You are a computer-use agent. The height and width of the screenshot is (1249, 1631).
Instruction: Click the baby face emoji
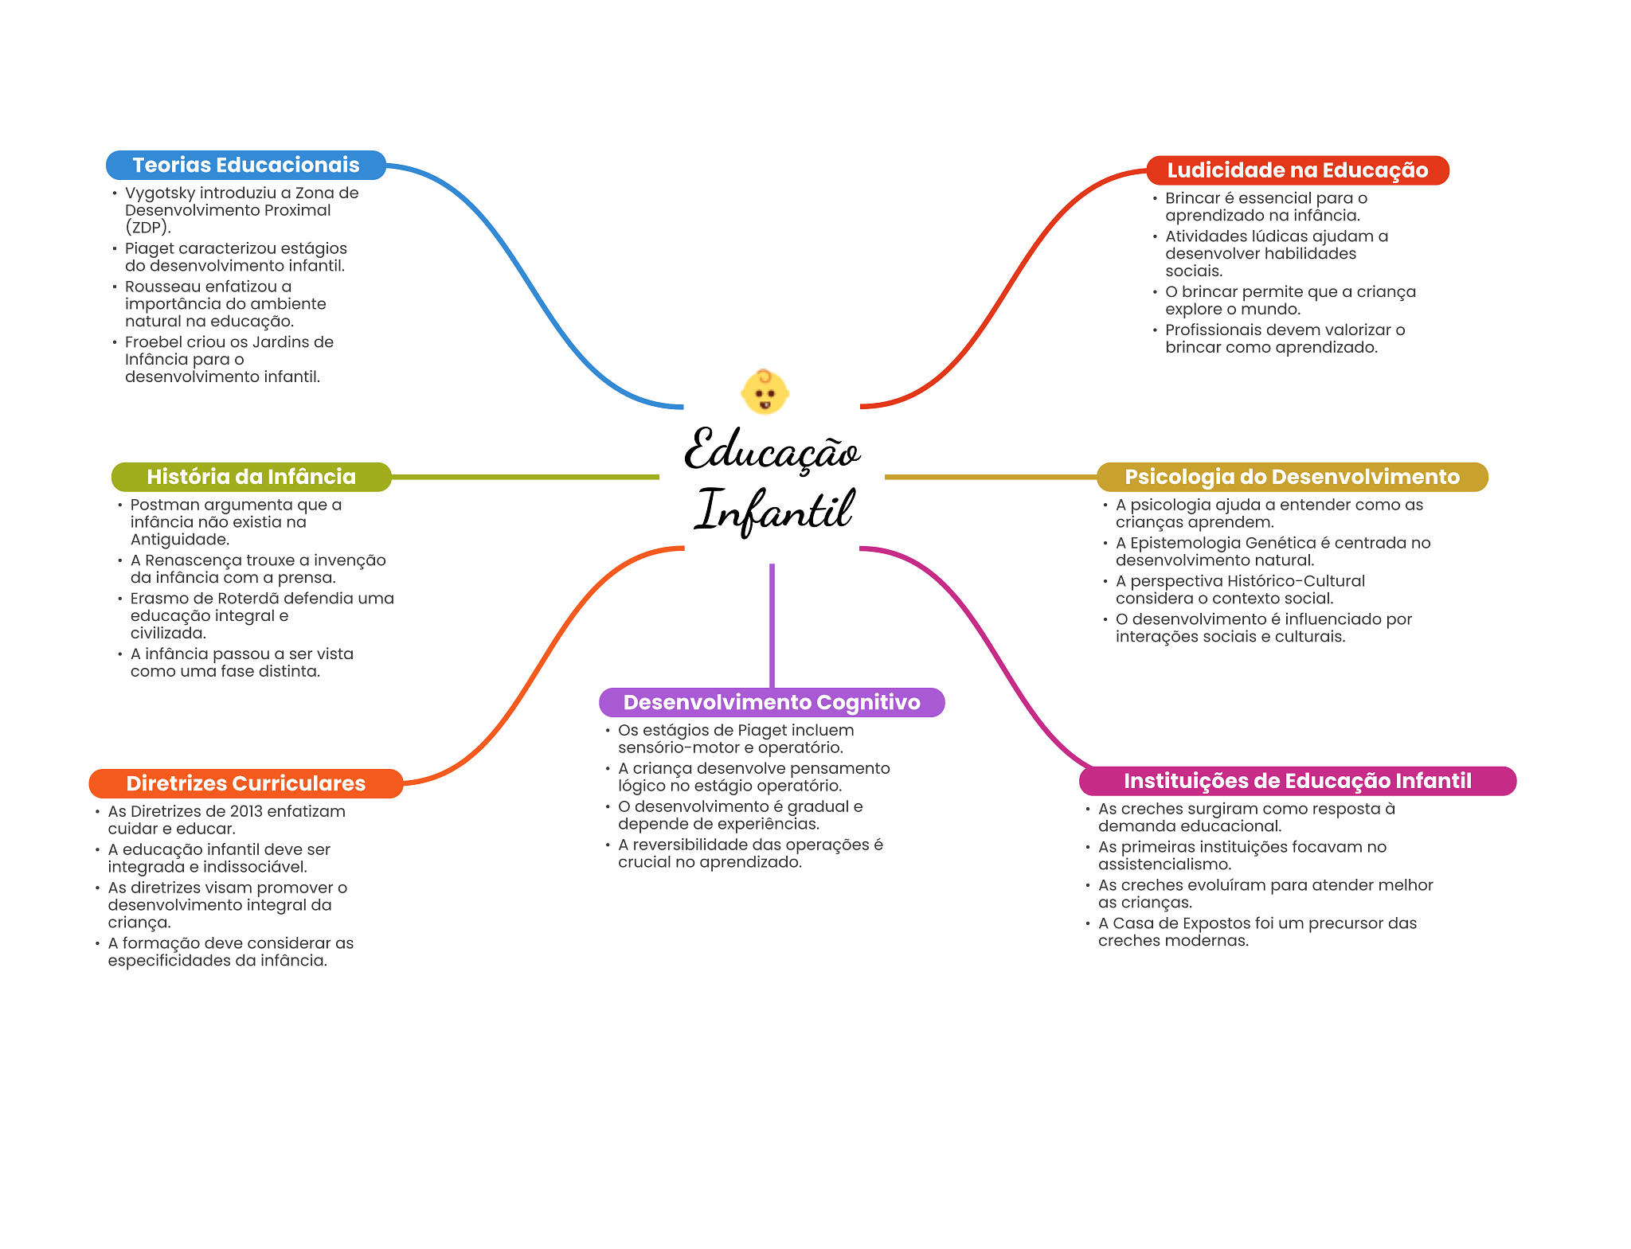[765, 392]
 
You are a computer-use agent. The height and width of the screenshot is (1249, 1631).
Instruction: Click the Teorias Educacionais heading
[245, 165]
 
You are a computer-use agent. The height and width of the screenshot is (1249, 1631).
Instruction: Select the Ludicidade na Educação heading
[1297, 170]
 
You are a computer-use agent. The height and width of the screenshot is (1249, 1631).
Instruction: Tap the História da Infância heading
[251, 477]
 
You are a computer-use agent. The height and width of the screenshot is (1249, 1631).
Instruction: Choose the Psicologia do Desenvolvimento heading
[1292, 477]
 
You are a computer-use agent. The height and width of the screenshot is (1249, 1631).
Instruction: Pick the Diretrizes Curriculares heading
[245, 783]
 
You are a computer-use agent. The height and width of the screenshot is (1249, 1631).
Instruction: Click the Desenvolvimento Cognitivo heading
[772, 702]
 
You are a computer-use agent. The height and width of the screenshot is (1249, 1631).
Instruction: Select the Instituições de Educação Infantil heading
[1297, 781]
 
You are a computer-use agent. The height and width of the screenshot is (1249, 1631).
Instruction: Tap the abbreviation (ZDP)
[147, 228]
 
